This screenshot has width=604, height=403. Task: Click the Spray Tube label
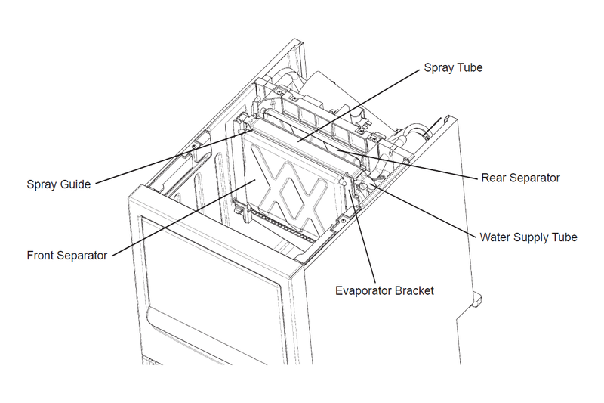(x=453, y=68)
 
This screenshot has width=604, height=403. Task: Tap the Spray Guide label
(x=59, y=184)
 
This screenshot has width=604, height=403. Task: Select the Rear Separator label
(x=520, y=178)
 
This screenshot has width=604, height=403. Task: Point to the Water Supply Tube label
(x=528, y=237)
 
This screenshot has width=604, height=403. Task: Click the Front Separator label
(x=67, y=256)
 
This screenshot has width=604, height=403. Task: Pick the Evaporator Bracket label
(x=384, y=290)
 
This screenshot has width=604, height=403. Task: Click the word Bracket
(x=414, y=290)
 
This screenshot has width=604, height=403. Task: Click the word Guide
(x=76, y=184)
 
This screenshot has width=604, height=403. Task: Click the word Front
(x=40, y=256)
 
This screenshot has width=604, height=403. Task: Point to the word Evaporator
(x=363, y=290)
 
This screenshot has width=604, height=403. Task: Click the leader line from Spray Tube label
(x=358, y=106)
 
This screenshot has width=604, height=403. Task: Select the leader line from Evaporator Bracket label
(x=362, y=236)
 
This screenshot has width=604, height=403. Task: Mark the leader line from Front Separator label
(x=183, y=218)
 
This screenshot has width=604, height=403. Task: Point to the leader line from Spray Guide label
(x=174, y=158)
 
